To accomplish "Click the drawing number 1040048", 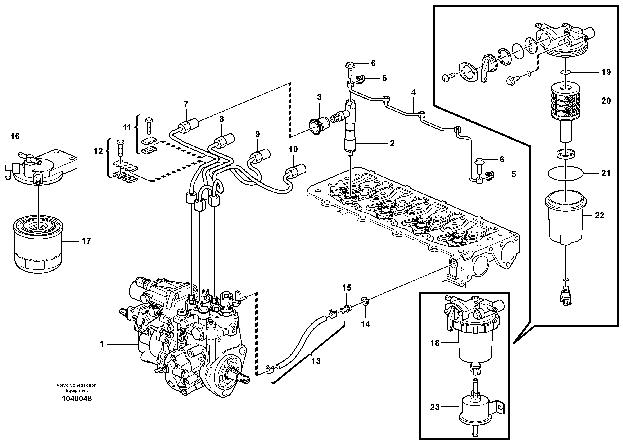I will coord(77,399).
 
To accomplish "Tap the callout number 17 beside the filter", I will coord(86,241).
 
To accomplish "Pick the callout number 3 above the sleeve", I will coord(319,97).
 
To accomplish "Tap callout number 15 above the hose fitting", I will coord(347,287).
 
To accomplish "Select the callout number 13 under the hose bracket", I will coord(316,361).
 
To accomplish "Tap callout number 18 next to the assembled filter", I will coord(435,343).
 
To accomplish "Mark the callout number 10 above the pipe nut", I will coord(293,149).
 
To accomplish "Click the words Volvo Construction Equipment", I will coord(77,388).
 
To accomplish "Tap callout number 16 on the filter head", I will coord(15,136).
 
